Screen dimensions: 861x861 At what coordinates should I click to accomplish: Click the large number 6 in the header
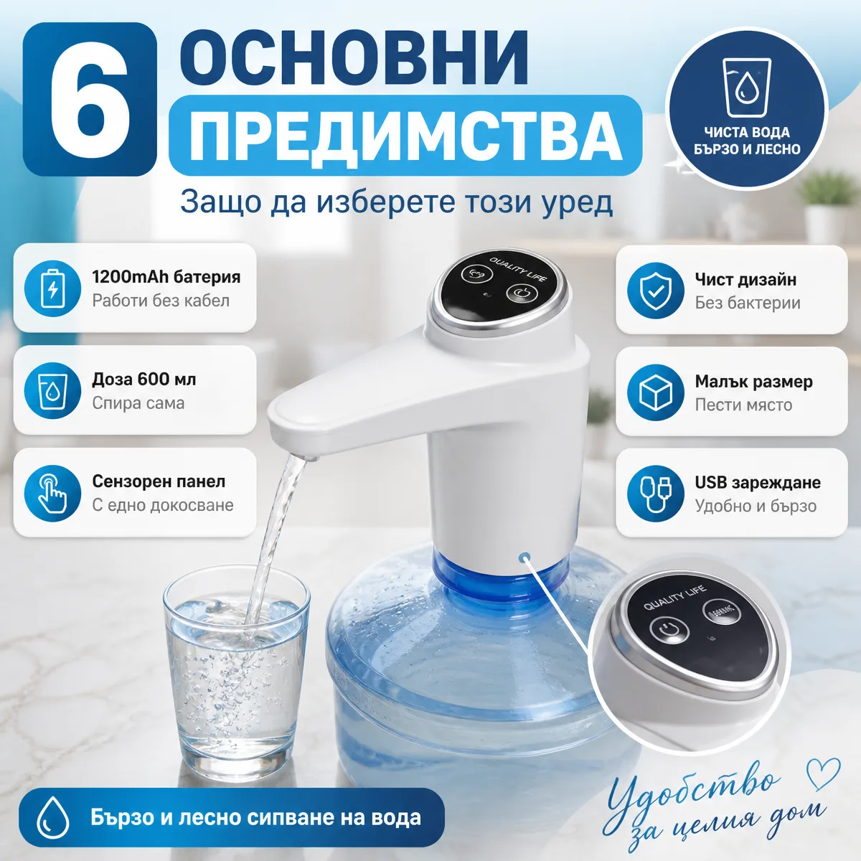(90, 99)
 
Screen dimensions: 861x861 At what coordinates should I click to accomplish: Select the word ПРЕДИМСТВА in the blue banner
(405, 136)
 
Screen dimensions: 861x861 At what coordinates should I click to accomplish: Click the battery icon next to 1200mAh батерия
(52, 288)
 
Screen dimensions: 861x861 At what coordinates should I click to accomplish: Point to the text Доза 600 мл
(144, 380)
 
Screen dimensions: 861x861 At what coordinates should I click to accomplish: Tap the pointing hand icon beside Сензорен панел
(52, 493)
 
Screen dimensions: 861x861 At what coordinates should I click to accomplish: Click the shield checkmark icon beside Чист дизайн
(656, 291)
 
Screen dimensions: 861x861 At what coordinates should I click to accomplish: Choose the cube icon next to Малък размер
(656, 392)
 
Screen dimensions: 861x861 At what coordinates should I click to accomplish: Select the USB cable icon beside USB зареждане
(656, 494)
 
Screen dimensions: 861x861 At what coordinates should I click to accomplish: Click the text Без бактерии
(748, 303)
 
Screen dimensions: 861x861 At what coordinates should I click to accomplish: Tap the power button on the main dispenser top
(520, 293)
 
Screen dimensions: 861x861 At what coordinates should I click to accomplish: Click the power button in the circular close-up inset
(669, 629)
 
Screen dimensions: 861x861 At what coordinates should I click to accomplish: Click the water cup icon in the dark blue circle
(747, 88)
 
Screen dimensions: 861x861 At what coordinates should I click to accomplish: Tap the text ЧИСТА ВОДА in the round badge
(747, 132)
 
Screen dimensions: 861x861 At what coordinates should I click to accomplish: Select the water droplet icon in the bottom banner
(53, 818)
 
